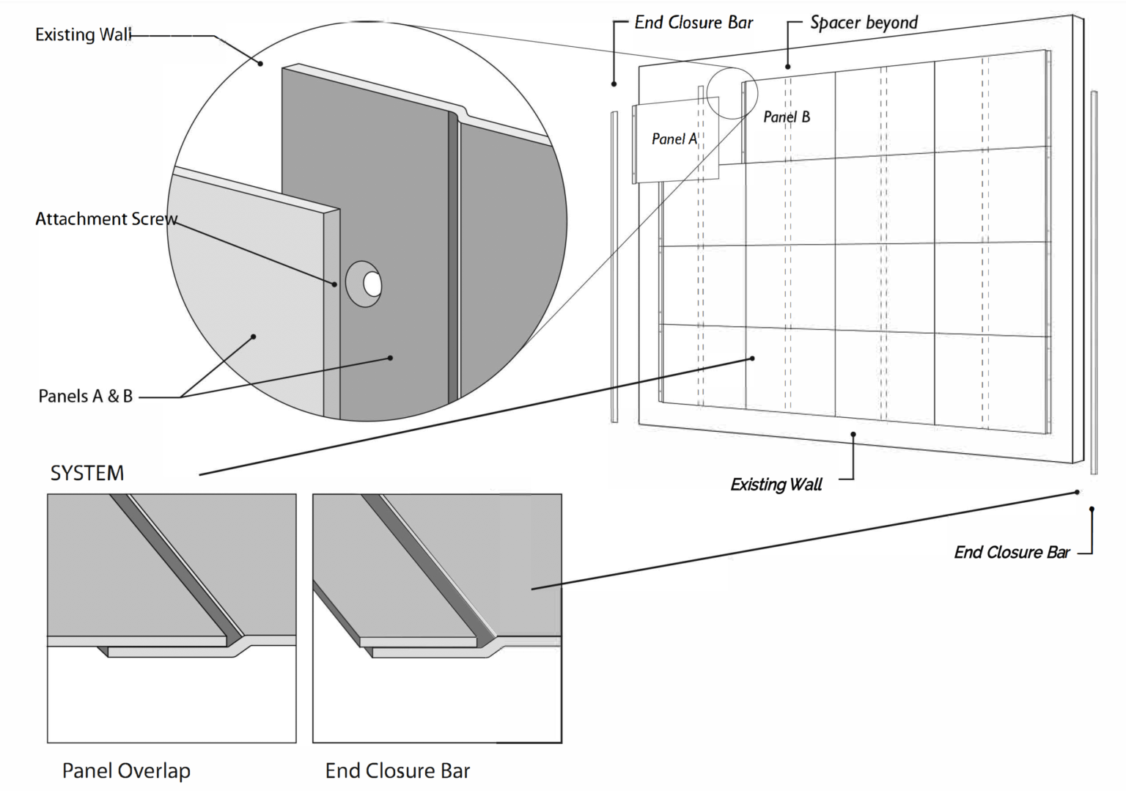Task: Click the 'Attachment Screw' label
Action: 106,218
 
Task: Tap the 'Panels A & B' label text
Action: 85,396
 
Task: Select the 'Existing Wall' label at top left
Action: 84,34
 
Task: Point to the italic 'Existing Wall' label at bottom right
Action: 776,485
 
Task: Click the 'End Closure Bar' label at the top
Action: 693,23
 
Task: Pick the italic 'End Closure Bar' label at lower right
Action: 1012,552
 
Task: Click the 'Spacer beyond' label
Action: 864,23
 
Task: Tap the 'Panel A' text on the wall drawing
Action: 674,139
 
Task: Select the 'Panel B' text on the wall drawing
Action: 787,117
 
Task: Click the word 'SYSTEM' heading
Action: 87,473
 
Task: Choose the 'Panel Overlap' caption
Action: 126,770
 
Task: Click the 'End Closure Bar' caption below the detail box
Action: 397,770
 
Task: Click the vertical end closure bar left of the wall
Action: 614,267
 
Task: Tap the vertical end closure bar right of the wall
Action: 1094,282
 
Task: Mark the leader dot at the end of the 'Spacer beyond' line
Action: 788,67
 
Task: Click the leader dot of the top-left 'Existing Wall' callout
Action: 260,63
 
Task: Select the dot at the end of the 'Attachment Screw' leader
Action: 335,284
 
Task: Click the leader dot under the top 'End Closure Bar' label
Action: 615,84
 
